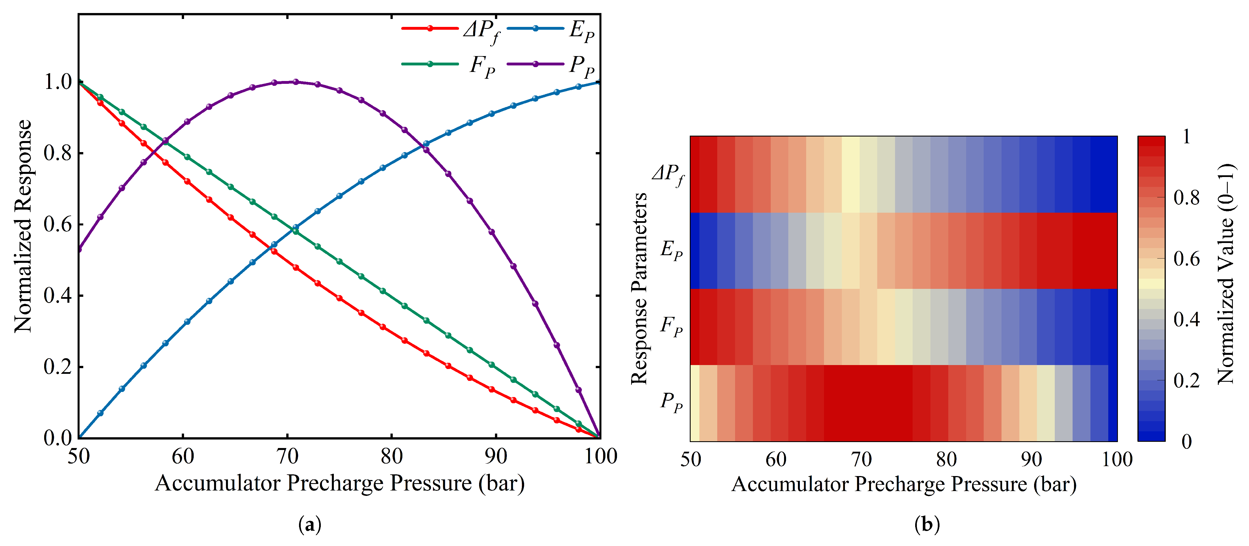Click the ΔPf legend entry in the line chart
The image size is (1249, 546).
451,30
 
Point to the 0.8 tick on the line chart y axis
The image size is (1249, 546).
58,153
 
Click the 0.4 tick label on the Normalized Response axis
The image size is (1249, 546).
58,295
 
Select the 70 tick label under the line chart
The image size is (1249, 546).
287,456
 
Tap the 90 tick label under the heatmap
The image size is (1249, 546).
1031,459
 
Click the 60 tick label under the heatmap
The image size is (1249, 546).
776,459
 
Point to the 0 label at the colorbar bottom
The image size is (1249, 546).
1186,441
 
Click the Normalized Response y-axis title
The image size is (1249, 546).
23,226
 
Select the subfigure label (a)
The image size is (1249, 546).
310,525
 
